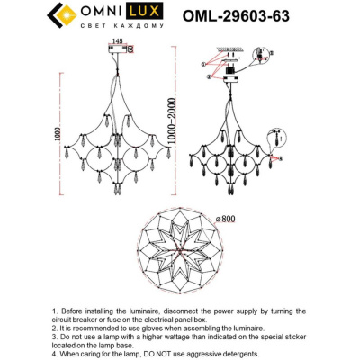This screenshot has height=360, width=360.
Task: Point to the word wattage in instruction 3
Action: (174, 337)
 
